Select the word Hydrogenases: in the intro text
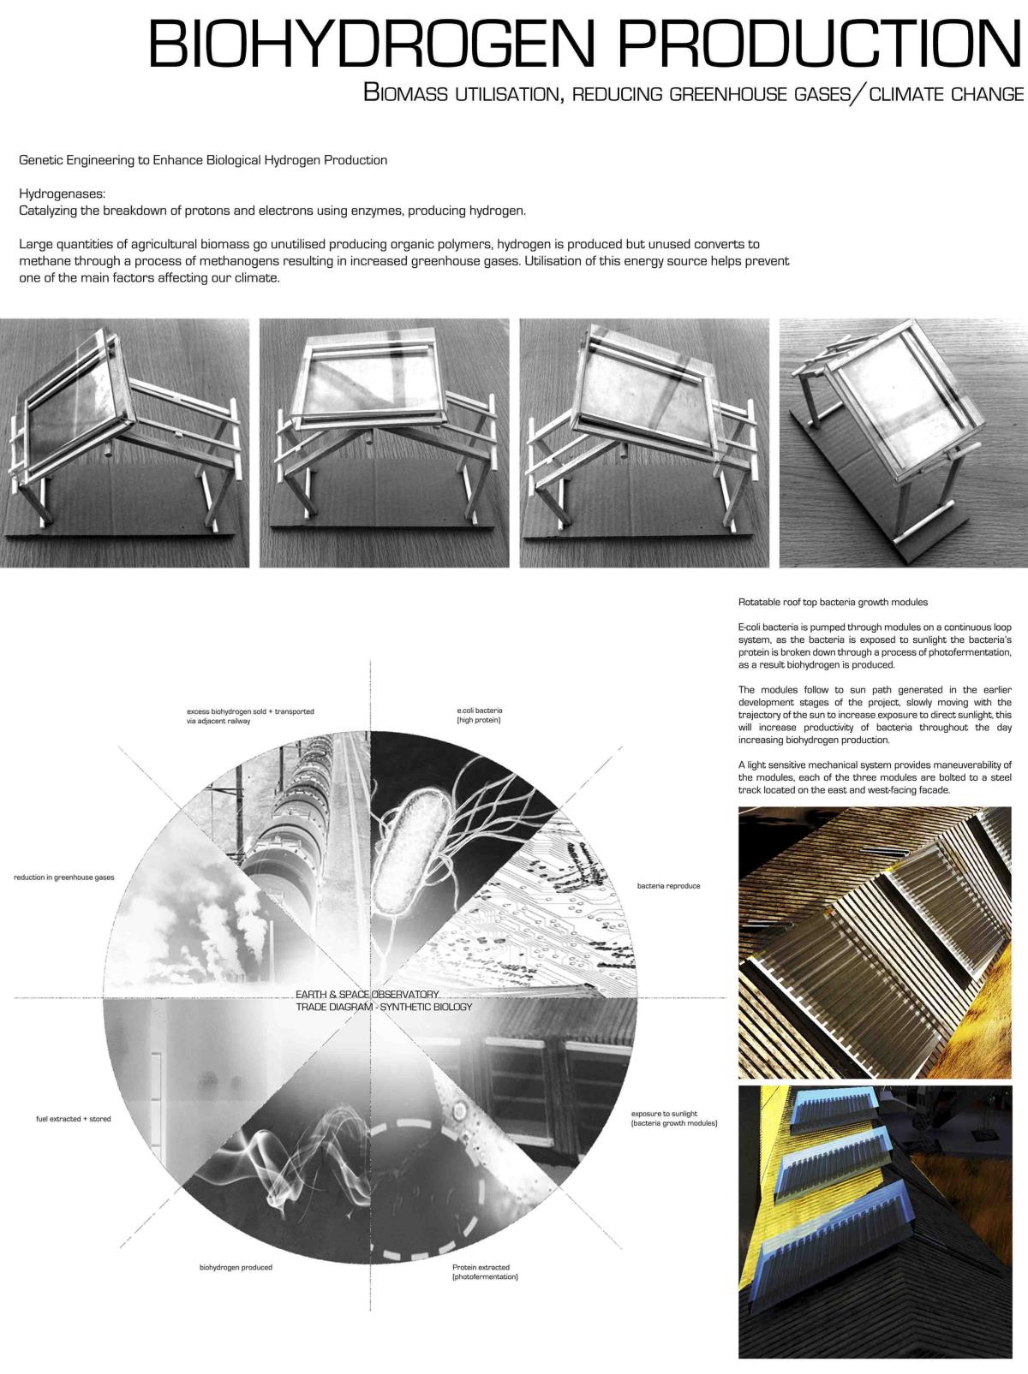62,194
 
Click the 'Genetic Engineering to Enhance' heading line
203,160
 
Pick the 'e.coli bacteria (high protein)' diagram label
479,716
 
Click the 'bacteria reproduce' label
668,886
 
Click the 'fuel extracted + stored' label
74,1119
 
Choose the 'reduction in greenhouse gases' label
64,877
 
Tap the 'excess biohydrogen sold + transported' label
250,717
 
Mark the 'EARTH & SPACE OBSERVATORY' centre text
368,994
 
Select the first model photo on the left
125,443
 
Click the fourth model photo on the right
903,443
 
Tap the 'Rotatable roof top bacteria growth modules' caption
833,602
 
